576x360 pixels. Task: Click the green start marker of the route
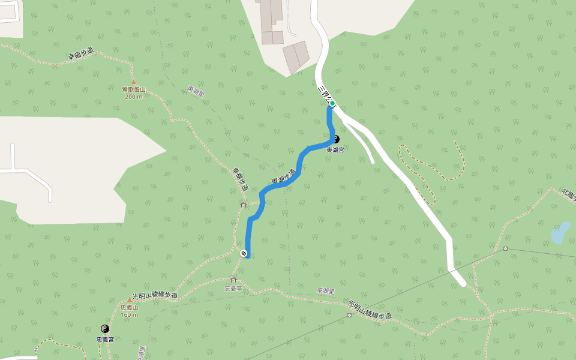pyautogui.click(x=332, y=103)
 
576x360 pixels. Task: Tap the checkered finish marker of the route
pyautogui.click(x=244, y=253)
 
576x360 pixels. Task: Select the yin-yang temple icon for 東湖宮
pyautogui.click(x=335, y=139)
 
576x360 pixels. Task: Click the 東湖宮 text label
pyautogui.click(x=335, y=150)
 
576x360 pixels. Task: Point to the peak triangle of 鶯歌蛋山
pyautogui.click(x=133, y=82)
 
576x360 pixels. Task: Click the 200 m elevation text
pyautogui.click(x=133, y=96)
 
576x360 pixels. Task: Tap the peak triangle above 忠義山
pyautogui.click(x=129, y=300)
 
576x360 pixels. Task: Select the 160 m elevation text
pyautogui.click(x=129, y=314)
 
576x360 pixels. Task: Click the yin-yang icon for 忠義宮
pyautogui.click(x=105, y=329)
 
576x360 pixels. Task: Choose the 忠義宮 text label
pyautogui.click(x=105, y=340)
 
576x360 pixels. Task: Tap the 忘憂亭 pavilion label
pyautogui.click(x=233, y=288)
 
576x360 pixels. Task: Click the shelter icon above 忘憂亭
pyautogui.click(x=233, y=280)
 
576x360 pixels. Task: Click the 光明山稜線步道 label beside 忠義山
pyautogui.click(x=155, y=296)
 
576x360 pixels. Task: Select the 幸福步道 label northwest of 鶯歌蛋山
pyautogui.click(x=82, y=54)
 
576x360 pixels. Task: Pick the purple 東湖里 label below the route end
pyautogui.click(x=325, y=290)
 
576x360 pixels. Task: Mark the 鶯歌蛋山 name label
pyautogui.click(x=133, y=89)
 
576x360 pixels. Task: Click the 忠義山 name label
pyautogui.click(x=129, y=307)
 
